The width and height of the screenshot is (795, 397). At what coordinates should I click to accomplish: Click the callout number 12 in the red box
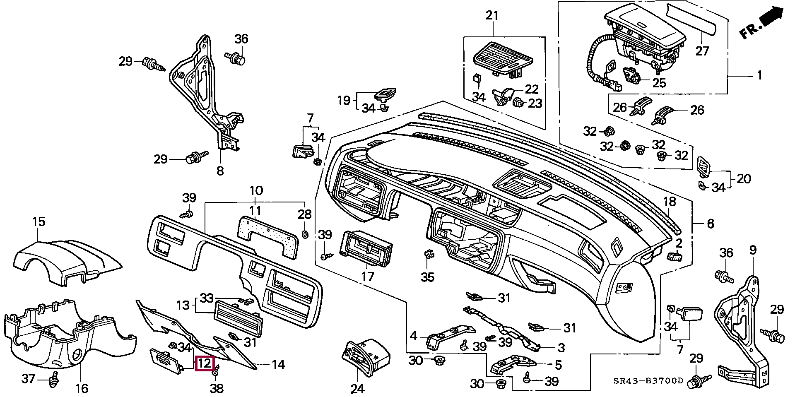(x=205, y=364)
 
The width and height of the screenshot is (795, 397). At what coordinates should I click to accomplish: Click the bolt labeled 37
(x=53, y=380)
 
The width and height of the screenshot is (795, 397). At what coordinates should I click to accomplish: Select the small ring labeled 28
(x=305, y=234)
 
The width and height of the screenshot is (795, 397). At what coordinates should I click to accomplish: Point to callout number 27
(x=702, y=51)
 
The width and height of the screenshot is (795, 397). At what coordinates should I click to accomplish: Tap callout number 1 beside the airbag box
(x=759, y=75)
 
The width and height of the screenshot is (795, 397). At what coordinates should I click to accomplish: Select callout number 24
(x=357, y=389)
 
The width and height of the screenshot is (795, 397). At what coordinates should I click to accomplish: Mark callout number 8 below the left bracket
(x=220, y=170)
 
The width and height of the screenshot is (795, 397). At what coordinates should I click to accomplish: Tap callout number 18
(x=669, y=202)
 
